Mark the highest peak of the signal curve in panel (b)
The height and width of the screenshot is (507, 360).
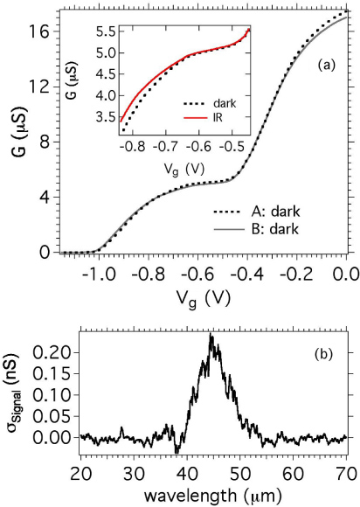pos(211,335)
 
